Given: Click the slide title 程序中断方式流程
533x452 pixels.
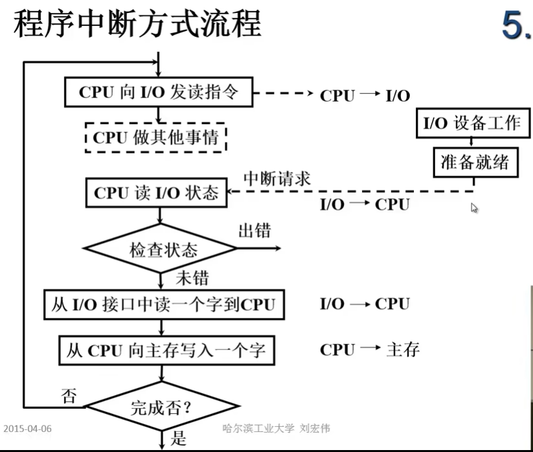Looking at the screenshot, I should tap(137, 24).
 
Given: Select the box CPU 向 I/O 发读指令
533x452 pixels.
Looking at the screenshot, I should tap(159, 93).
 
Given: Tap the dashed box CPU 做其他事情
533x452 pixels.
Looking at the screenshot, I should tap(155, 137).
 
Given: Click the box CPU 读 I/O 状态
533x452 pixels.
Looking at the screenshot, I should tap(156, 193).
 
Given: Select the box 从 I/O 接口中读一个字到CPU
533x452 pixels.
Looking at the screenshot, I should tap(164, 304).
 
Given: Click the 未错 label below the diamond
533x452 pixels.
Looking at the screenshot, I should tap(192, 278).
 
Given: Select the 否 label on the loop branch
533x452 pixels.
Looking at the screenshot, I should tap(69, 394).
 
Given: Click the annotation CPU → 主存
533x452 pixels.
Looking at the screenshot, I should tap(369, 350).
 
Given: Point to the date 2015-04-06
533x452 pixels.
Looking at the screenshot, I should tap(28, 429).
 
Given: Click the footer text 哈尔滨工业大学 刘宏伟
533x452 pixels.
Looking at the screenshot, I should tap(277, 428).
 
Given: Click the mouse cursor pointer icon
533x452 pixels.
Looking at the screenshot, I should tap(474, 208).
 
